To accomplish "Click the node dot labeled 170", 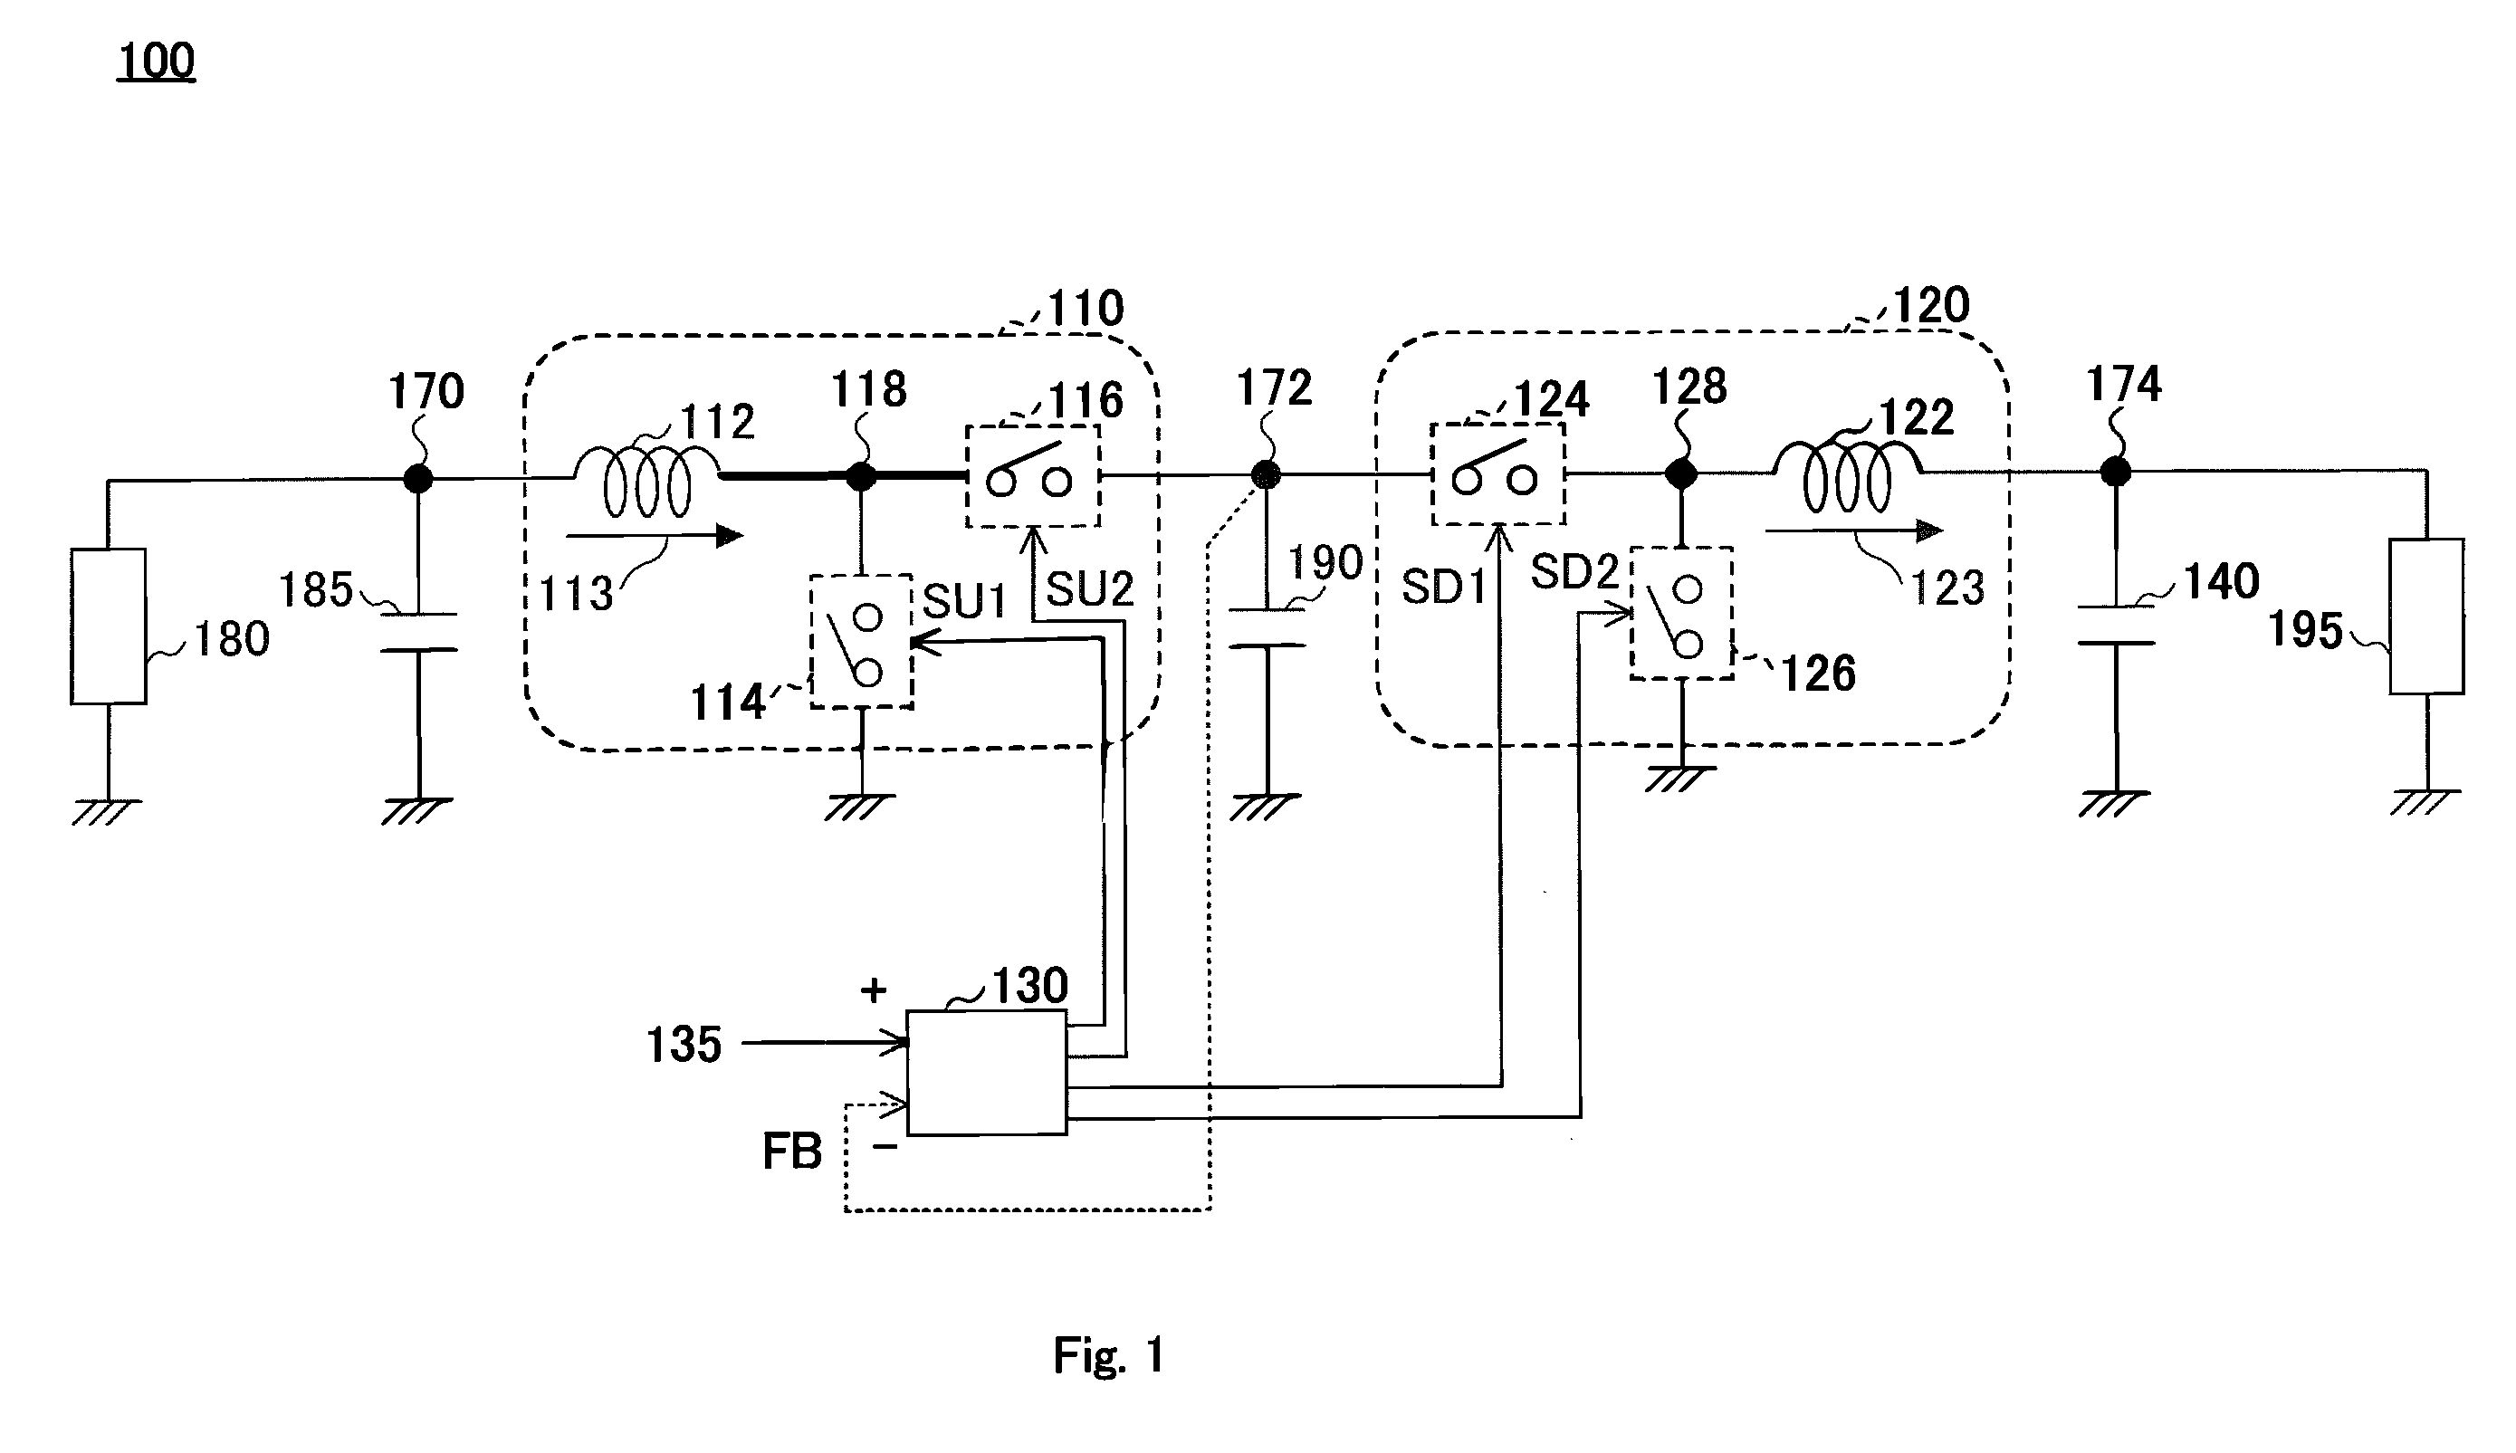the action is point(418,479).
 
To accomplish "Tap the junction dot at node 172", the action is point(1266,475).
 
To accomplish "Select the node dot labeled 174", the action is point(2116,471).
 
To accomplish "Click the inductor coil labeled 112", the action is point(646,481).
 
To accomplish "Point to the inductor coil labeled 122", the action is point(1847,476).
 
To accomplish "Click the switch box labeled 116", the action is point(1033,476).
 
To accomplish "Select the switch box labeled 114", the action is point(861,642).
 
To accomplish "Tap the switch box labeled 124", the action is point(1498,474).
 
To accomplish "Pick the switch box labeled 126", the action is point(1681,614).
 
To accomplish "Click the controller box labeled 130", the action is point(986,1074).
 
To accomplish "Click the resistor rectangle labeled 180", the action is point(108,626).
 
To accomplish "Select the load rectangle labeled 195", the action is point(2426,617).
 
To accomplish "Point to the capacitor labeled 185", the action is point(419,632).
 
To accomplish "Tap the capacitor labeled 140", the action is point(2116,625).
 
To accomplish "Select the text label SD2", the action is point(1574,573).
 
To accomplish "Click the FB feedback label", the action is point(792,1152).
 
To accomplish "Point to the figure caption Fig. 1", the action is point(1109,1355).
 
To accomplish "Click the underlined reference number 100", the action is point(157,61).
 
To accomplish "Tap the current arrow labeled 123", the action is point(1854,531).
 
